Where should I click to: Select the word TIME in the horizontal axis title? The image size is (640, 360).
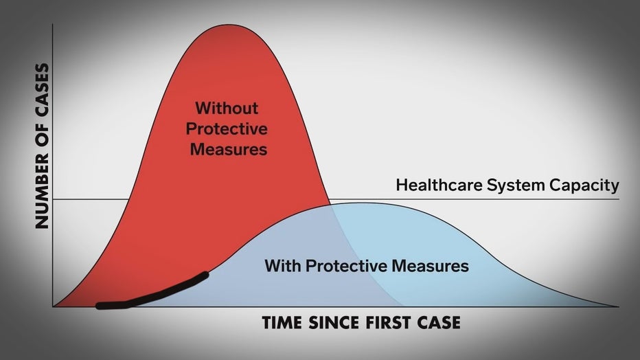(282, 323)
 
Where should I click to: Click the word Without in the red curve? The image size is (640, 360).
(227, 108)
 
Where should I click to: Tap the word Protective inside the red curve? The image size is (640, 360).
(227, 129)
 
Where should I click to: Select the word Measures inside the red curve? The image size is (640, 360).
(229, 149)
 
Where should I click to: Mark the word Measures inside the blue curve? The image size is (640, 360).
(430, 266)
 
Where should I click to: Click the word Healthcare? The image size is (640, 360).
(439, 185)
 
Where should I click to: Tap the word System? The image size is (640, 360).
(516, 185)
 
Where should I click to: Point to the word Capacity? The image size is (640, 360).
(584, 185)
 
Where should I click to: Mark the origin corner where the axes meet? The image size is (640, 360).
(53, 306)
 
